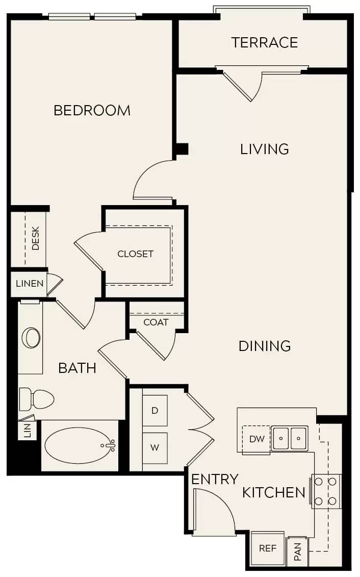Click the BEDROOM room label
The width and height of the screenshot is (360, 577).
92,110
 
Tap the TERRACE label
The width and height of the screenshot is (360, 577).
264,42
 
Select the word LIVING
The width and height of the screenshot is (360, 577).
264,149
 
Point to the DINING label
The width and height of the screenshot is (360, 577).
264,346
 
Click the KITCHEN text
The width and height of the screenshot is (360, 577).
273,492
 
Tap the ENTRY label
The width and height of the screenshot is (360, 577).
215,480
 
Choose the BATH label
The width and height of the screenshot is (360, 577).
77,368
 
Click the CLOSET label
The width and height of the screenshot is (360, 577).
135,254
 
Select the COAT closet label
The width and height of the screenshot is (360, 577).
156,322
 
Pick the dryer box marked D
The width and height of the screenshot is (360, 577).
155,411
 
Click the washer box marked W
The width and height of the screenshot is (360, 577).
155,448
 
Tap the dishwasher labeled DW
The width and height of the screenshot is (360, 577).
256,439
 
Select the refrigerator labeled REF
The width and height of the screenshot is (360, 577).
267,548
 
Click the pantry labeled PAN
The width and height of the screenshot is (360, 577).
297,551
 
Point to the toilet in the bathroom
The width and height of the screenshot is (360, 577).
37,399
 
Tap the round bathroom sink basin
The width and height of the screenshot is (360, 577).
32,338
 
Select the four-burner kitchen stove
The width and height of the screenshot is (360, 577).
326,491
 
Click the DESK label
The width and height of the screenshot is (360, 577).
36,238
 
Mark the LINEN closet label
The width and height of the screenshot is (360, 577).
29,284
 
